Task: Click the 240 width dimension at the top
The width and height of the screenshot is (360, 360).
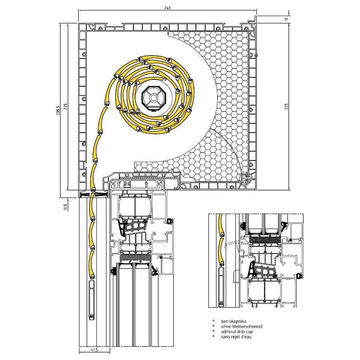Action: [x=167, y=8]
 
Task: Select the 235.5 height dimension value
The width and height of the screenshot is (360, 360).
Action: [x=58, y=110]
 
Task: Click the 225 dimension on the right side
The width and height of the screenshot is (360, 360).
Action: [x=286, y=106]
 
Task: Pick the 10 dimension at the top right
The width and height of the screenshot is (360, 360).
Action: [x=286, y=19]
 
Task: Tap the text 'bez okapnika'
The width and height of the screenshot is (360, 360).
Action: [x=234, y=321]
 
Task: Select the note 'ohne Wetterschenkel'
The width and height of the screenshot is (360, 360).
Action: [x=241, y=326]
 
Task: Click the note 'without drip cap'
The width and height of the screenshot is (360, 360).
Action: [x=237, y=331]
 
